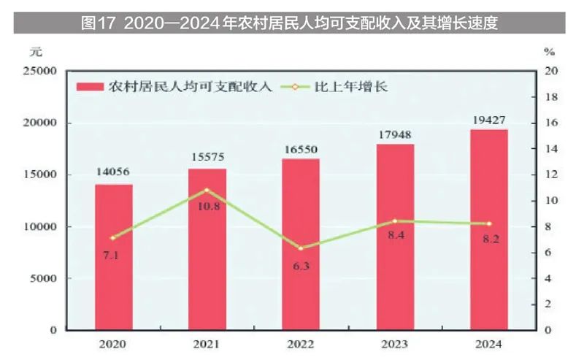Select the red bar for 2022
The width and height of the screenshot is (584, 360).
click(x=301, y=244)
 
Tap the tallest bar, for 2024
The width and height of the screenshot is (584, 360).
click(x=488, y=229)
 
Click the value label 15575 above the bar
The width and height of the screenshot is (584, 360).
click(x=207, y=157)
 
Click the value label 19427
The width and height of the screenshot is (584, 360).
click(x=488, y=118)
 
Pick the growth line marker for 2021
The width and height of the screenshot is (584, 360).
click(x=207, y=190)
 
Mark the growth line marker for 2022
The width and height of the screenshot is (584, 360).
click(x=301, y=248)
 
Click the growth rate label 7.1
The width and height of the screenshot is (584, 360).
click(x=113, y=255)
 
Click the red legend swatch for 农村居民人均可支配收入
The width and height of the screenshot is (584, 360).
click(x=91, y=87)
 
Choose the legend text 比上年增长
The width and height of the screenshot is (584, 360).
click(x=350, y=87)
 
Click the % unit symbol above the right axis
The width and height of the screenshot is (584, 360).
click(x=550, y=52)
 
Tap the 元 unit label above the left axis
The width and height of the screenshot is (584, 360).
click(x=36, y=52)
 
